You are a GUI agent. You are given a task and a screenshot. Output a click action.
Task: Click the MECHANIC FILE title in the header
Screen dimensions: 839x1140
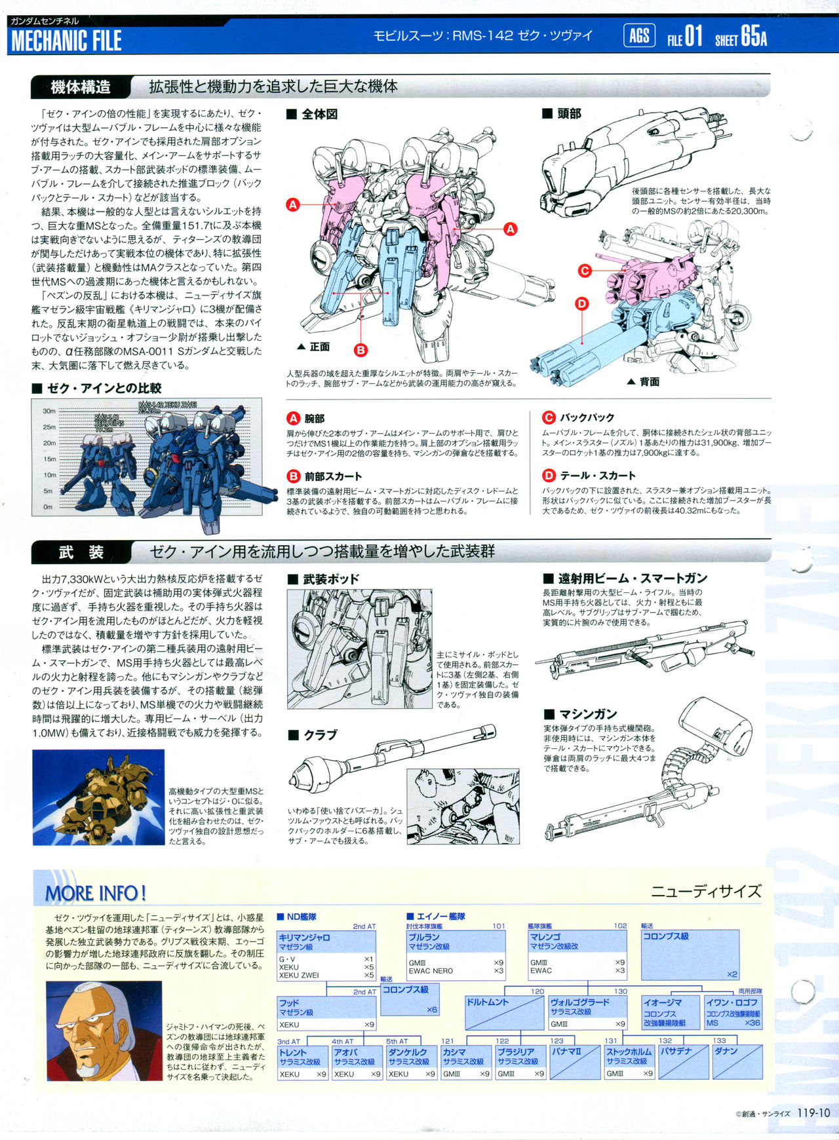point(66,41)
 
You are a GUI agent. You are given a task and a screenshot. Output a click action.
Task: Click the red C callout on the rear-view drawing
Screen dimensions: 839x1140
point(585,270)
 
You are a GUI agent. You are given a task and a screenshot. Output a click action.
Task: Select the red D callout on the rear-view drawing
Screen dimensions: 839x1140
point(582,303)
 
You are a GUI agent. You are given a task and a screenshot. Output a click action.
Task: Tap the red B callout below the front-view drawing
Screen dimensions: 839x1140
point(361,350)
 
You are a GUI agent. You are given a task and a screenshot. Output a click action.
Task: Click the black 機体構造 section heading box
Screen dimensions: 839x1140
point(81,87)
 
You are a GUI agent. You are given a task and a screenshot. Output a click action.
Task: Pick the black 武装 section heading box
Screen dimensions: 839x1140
point(81,552)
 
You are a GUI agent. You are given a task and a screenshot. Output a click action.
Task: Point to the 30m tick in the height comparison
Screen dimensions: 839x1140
point(49,411)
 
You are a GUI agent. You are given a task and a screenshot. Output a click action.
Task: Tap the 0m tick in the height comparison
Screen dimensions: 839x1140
point(48,506)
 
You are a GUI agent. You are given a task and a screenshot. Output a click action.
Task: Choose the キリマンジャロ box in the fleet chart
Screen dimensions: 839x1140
point(326,955)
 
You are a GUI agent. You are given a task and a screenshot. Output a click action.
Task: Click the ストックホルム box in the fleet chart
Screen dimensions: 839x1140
point(629,1062)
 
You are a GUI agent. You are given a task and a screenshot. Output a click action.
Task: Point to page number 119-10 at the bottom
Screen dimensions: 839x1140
point(814,1112)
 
